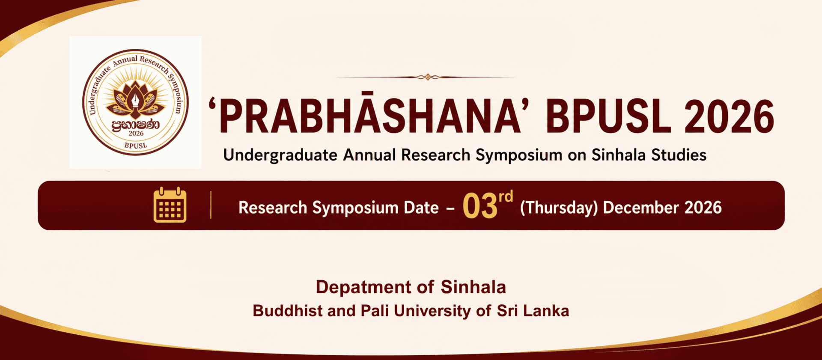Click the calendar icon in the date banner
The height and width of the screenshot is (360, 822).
point(170,205)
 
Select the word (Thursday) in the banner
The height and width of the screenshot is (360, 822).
point(559,208)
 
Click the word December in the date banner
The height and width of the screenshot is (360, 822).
point(641,208)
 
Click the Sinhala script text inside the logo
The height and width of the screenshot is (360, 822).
point(135,125)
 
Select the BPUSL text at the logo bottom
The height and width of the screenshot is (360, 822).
point(136,146)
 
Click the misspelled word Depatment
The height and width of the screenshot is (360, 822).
point(363,287)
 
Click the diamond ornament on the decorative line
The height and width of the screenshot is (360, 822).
point(428,77)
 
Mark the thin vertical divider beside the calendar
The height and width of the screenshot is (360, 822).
point(211,205)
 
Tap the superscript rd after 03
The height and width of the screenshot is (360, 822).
point(506,196)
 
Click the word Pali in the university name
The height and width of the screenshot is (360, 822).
point(375,311)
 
